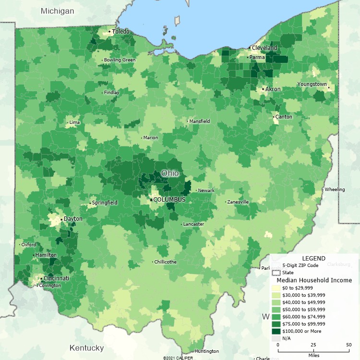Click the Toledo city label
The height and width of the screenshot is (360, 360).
point(121,32)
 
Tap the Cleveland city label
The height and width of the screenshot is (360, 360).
point(265,48)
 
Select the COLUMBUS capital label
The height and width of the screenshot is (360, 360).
point(169,199)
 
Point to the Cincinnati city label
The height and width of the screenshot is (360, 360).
point(56,278)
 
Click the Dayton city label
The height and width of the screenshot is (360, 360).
point(73,219)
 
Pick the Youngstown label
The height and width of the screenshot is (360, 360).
point(312,84)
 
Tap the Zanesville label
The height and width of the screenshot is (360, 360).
point(238,202)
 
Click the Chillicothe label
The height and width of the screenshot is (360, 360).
point(166,262)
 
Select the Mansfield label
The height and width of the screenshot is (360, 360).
point(200,121)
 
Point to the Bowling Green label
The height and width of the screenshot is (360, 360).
point(120,60)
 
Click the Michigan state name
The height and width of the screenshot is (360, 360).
point(58,11)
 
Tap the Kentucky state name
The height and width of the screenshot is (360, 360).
point(86,348)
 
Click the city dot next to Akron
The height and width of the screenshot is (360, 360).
point(263,89)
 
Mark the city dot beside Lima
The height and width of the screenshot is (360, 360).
point(67,122)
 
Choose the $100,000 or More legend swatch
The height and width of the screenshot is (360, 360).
point(276,331)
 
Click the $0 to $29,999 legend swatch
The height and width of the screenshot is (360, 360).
point(276,288)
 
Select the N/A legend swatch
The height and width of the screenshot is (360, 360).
point(276,338)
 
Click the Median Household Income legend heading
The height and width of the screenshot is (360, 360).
point(314,280)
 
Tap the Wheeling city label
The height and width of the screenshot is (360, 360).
point(335,190)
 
